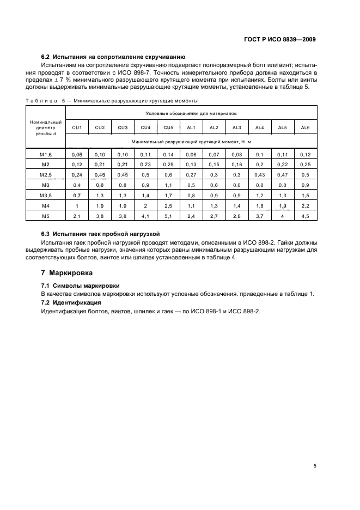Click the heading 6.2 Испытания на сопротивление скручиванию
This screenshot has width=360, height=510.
[114, 57]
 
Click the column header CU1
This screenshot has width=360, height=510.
[77, 127]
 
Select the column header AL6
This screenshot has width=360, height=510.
[306, 127]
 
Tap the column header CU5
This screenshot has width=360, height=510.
[168, 127]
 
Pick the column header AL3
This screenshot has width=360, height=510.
[237, 127]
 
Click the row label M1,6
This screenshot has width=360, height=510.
[45, 155]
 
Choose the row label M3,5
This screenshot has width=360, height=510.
[45, 196]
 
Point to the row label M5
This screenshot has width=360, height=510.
[45, 216]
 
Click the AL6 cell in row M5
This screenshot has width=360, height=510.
[306, 216]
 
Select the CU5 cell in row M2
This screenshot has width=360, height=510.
[168, 165]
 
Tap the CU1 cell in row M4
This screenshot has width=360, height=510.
[77, 206]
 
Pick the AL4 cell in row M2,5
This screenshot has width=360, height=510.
[260, 175]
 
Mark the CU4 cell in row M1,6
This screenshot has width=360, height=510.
[145, 155]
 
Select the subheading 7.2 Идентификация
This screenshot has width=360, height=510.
[71, 302]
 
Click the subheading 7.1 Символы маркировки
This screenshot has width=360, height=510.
[81, 286]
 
